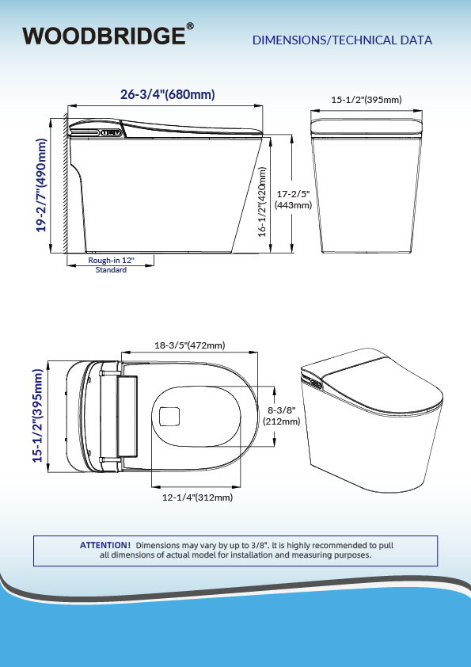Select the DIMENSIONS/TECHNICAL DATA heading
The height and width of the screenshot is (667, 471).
(x=342, y=40)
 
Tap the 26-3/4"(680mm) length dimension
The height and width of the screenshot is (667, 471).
(x=168, y=94)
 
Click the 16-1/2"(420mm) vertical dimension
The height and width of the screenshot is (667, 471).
(x=262, y=201)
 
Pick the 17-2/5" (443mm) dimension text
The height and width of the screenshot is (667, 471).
(x=293, y=200)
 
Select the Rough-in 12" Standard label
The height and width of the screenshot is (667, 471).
(x=111, y=265)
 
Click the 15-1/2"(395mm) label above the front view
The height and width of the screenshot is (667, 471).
(x=367, y=100)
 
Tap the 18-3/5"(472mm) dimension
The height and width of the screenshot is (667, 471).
(x=190, y=345)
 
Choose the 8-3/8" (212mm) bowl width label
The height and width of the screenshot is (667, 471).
(x=281, y=416)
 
